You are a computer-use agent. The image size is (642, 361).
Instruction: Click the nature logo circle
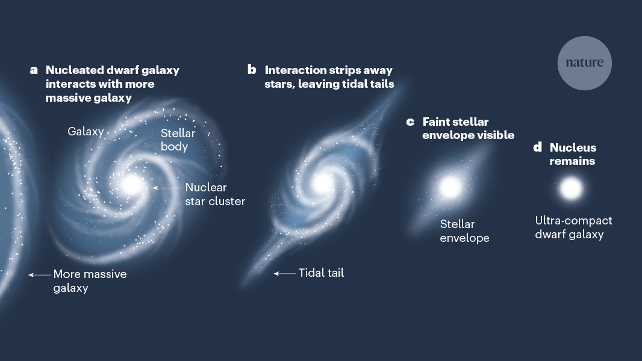[584, 63]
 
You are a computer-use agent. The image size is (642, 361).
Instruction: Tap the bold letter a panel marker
[34, 70]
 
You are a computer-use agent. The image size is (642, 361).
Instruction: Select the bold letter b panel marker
[252, 70]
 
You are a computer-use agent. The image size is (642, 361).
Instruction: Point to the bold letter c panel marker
[410, 122]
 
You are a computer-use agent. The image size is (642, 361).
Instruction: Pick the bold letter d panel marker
[538, 148]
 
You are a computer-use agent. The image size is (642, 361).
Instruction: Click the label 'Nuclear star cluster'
[215, 194]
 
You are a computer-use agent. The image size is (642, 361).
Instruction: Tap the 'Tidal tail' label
[321, 273]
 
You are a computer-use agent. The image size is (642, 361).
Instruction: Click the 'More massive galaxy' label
[90, 281]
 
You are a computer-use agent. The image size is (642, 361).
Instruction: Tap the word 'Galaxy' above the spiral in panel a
[86, 131]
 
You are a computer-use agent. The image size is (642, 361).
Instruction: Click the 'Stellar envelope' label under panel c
[464, 231]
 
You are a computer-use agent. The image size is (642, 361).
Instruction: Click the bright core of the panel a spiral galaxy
[131, 184]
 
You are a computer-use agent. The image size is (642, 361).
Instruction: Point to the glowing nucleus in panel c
[449, 187]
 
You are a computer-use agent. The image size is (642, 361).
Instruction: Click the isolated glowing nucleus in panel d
[570, 189]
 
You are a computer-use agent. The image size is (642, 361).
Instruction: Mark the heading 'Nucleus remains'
[572, 155]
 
